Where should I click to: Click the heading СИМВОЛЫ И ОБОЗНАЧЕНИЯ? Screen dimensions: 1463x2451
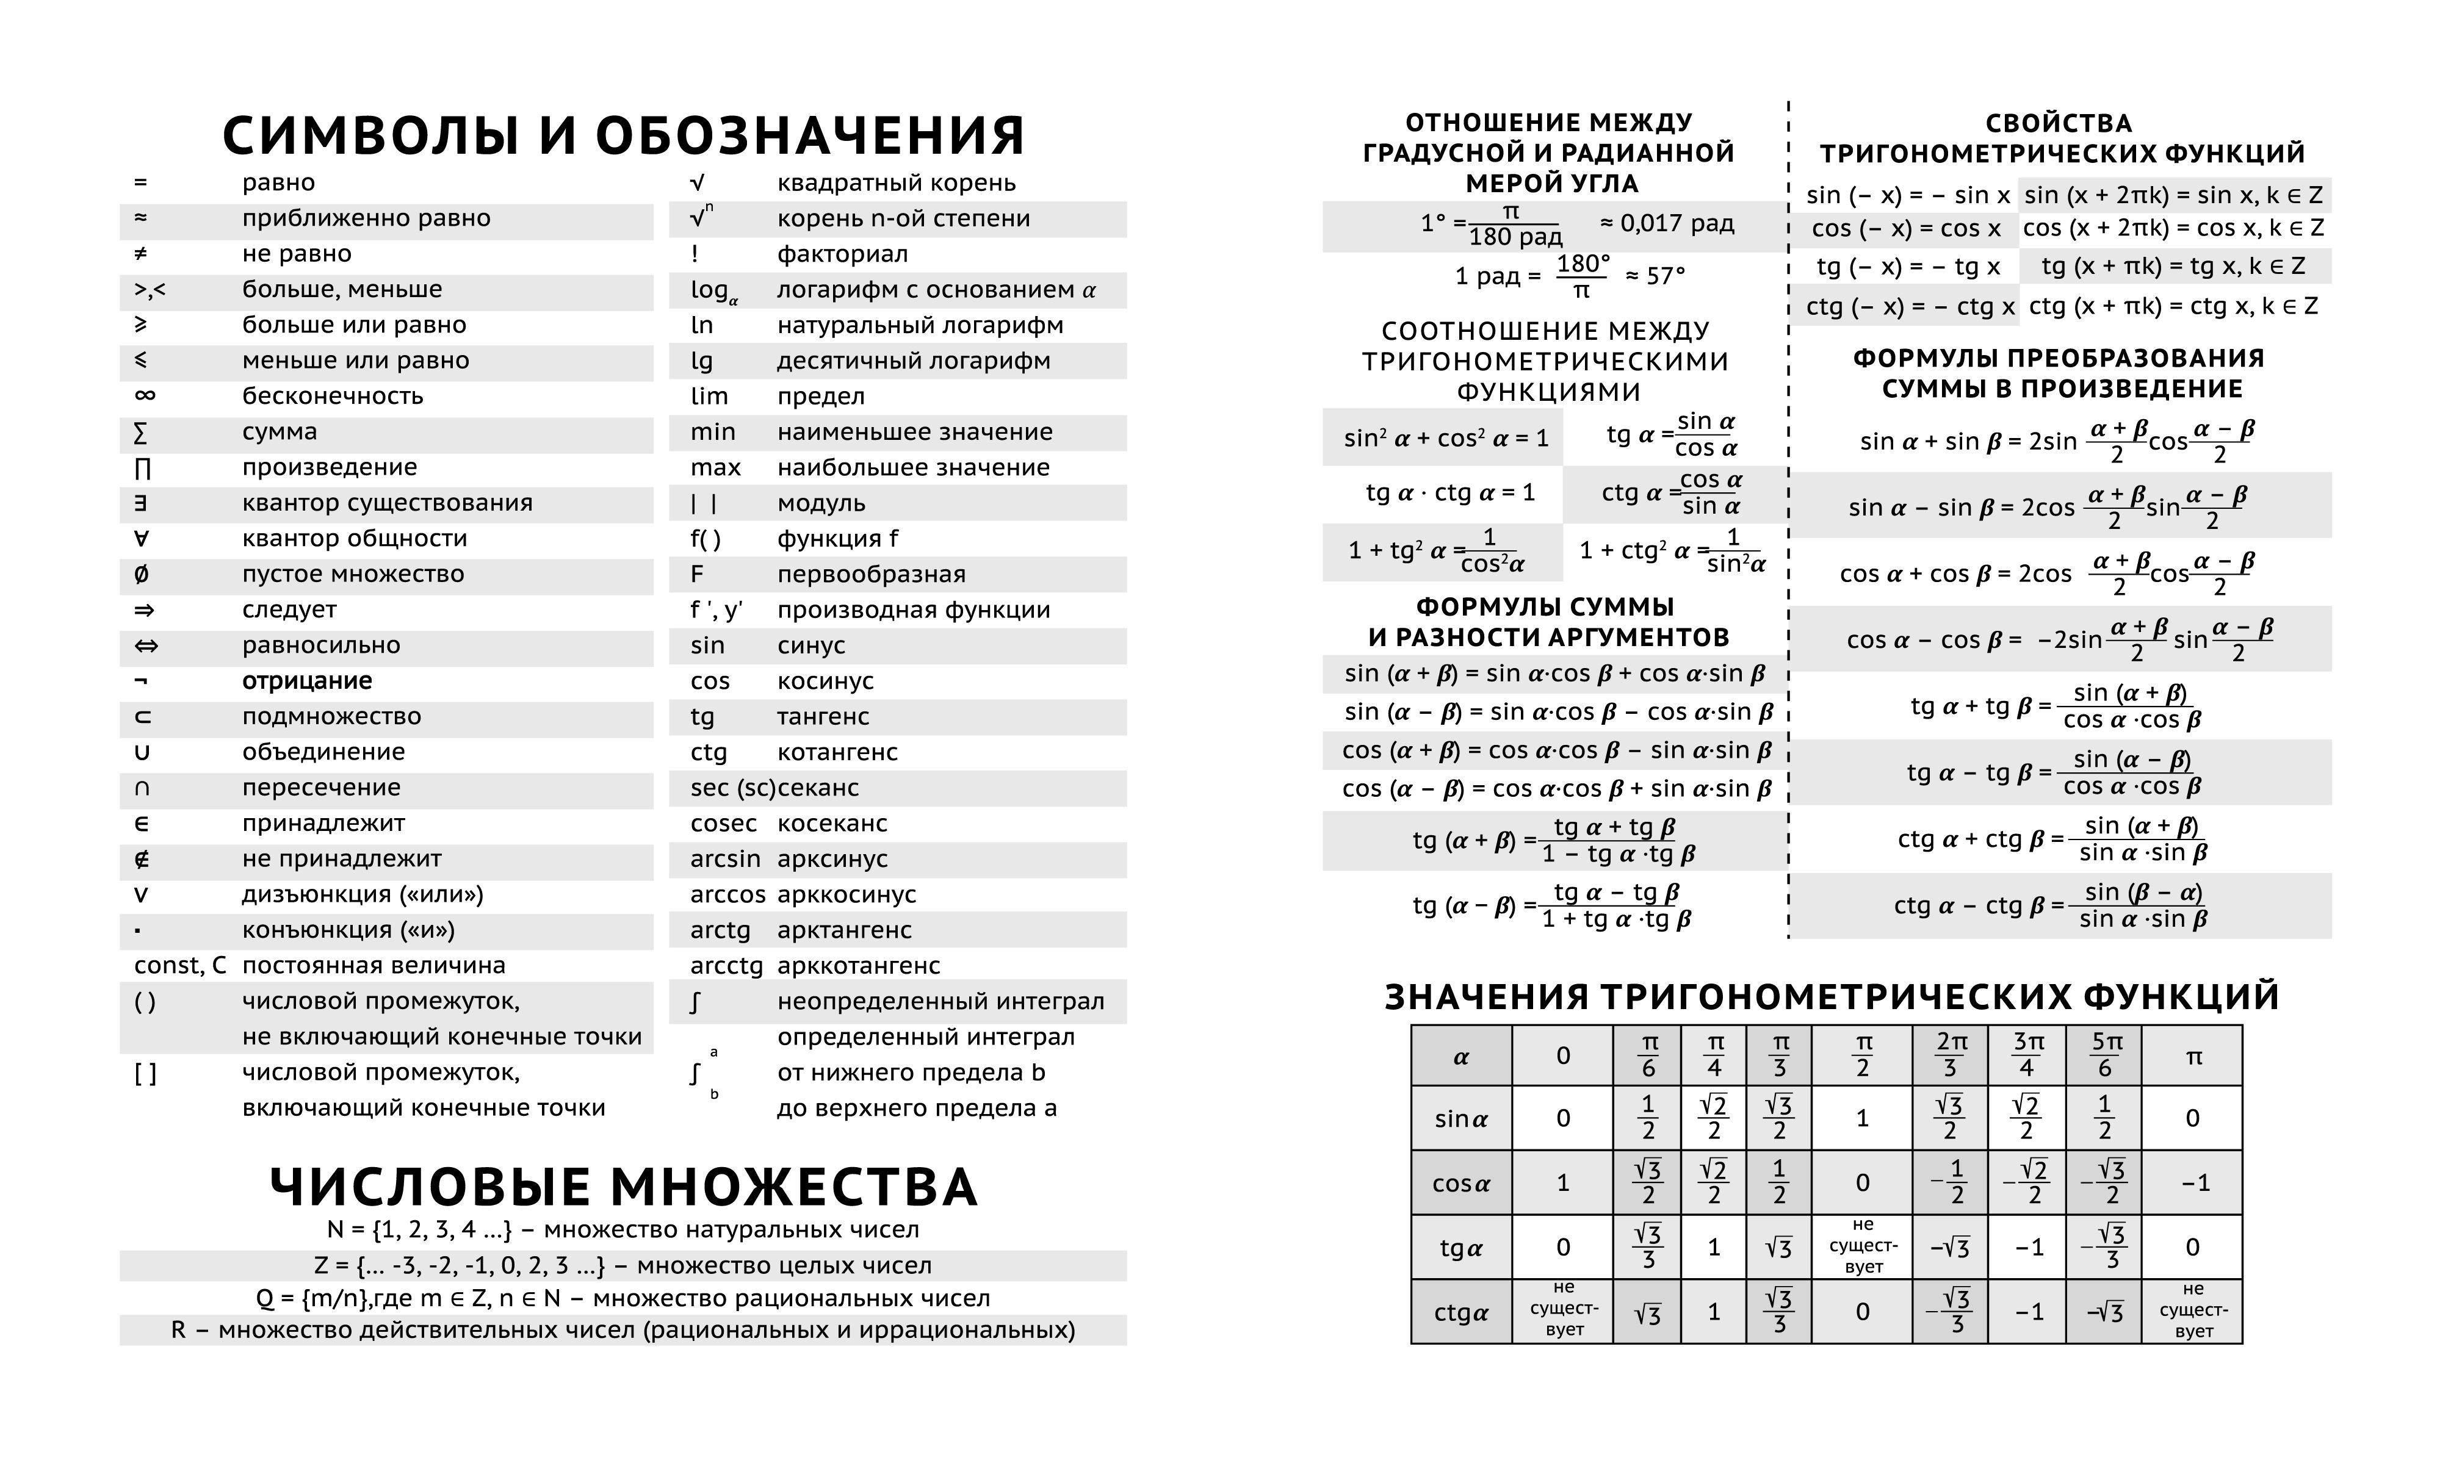click(623, 136)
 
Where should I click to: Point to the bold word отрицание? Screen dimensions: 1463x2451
click(306, 681)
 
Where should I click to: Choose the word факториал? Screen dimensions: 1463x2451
click(842, 254)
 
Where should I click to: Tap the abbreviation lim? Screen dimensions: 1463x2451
click(709, 397)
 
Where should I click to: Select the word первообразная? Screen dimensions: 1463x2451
click(872, 575)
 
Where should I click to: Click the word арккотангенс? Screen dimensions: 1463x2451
click(859, 966)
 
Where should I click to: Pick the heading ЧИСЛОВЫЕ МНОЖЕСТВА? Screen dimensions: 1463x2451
click(623, 1187)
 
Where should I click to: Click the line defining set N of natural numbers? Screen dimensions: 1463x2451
click(623, 1231)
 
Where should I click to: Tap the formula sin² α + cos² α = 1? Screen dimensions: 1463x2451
click(1445, 439)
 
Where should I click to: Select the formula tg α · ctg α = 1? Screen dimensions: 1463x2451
click(1450, 493)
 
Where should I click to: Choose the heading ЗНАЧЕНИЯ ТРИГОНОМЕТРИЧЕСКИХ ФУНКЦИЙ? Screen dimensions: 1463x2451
click(1832, 997)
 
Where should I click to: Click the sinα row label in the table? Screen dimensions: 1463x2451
click(1461, 1119)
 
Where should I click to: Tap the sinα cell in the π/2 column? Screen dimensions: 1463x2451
click(1863, 1119)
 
